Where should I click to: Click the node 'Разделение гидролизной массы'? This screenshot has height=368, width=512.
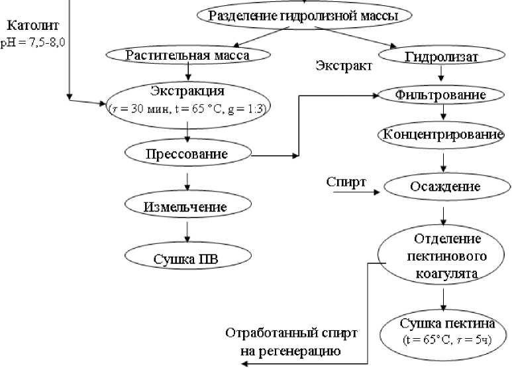(304, 15)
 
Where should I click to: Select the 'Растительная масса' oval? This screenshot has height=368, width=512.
(188, 55)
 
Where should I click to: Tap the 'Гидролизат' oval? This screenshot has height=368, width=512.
(442, 56)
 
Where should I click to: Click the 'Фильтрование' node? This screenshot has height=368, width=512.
(441, 95)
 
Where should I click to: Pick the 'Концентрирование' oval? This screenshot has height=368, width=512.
(442, 135)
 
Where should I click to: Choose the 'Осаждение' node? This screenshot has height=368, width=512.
(446, 186)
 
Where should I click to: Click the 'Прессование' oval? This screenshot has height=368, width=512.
(188, 153)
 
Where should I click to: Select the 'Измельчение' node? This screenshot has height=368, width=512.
(188, 206)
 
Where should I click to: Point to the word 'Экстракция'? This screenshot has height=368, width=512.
(187, 91)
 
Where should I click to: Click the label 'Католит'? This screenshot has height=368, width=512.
(32, 25)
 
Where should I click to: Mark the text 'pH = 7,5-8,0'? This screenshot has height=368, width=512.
(32, 43)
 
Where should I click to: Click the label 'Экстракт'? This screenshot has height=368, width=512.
(344, 66)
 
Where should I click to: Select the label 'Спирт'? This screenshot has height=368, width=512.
(346, 182)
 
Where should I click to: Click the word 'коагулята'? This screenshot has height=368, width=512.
(446, 273)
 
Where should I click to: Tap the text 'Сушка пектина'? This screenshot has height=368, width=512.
(447, 323)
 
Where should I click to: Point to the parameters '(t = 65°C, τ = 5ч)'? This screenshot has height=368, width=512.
(447, 339)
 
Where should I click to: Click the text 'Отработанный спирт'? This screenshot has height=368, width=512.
(291, 333)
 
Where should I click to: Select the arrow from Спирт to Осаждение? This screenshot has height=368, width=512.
(356, 192)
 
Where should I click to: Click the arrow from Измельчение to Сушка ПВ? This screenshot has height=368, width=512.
(187, 232)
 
